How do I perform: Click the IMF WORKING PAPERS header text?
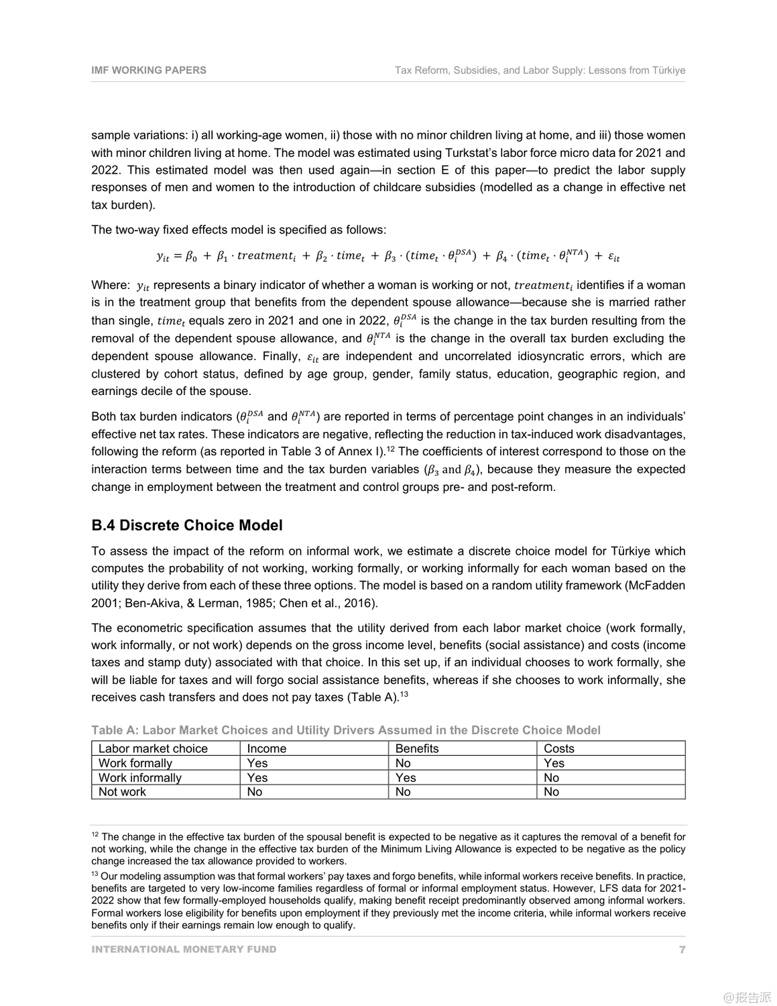(149, 70)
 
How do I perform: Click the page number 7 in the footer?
(682, 949)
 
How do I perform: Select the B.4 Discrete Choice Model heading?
(187, 525)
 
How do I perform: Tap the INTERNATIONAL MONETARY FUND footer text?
(184, 949)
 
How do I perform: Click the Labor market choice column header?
(153, 748)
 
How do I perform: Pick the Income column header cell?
(267, 748)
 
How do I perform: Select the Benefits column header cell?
(417, 748)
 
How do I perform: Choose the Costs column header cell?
(559, 748)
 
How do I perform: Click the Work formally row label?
(135, 763)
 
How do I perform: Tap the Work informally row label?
(140, 778)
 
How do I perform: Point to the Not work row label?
(122, 792)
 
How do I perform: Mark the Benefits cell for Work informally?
(406, 778)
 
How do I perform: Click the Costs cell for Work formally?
(554, 763)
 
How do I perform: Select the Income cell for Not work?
(255, 792)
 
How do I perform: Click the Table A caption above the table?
(346, 730)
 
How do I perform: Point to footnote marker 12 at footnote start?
(95, 835)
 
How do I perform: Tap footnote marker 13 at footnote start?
(95, 875)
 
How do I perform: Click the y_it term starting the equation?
(163, 256)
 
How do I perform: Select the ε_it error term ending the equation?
(613, 256)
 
